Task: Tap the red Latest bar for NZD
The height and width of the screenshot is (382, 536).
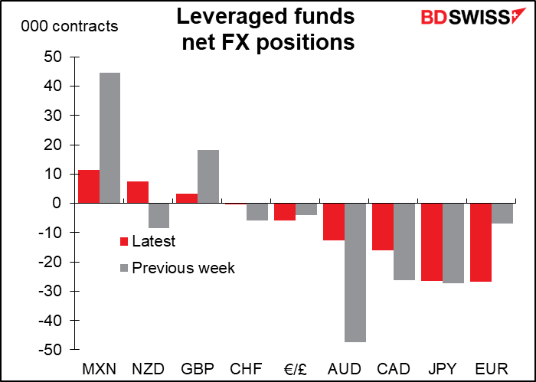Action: (138, 192)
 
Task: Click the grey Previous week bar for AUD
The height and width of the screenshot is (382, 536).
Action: (355, 272)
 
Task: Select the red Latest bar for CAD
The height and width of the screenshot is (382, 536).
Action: (383, 227)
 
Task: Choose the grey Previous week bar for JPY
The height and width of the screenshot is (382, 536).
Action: (453, 243)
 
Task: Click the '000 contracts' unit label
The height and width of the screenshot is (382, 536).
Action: (70, 27)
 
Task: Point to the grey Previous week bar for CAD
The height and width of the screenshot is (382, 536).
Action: (404, 241)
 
